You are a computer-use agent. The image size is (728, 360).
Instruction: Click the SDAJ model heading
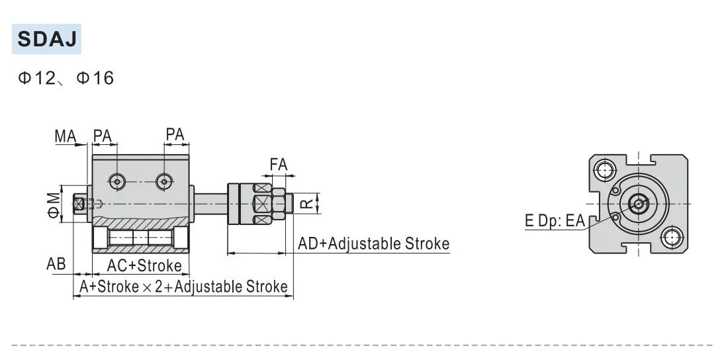(x=46, y=39)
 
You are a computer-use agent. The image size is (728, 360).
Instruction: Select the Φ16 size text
(x=95, y=79)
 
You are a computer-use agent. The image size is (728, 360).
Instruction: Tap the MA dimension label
(x=66, y=136)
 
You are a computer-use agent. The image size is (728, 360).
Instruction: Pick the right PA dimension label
(x=175, y=135)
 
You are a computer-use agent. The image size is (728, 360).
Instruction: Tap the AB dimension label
(x=56, y=264)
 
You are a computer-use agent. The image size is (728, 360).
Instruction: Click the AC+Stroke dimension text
(x=144, y=266)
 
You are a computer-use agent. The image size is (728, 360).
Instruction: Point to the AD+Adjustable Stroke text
(x=373, y=244)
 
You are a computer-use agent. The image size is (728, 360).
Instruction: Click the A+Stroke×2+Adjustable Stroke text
(x=183, y=287)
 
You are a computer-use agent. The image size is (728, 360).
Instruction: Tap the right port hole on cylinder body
(x=163, y=181)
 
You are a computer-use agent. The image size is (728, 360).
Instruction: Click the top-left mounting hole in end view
(x=604, y=170)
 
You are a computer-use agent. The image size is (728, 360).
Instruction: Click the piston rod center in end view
(x=638, y=203)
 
